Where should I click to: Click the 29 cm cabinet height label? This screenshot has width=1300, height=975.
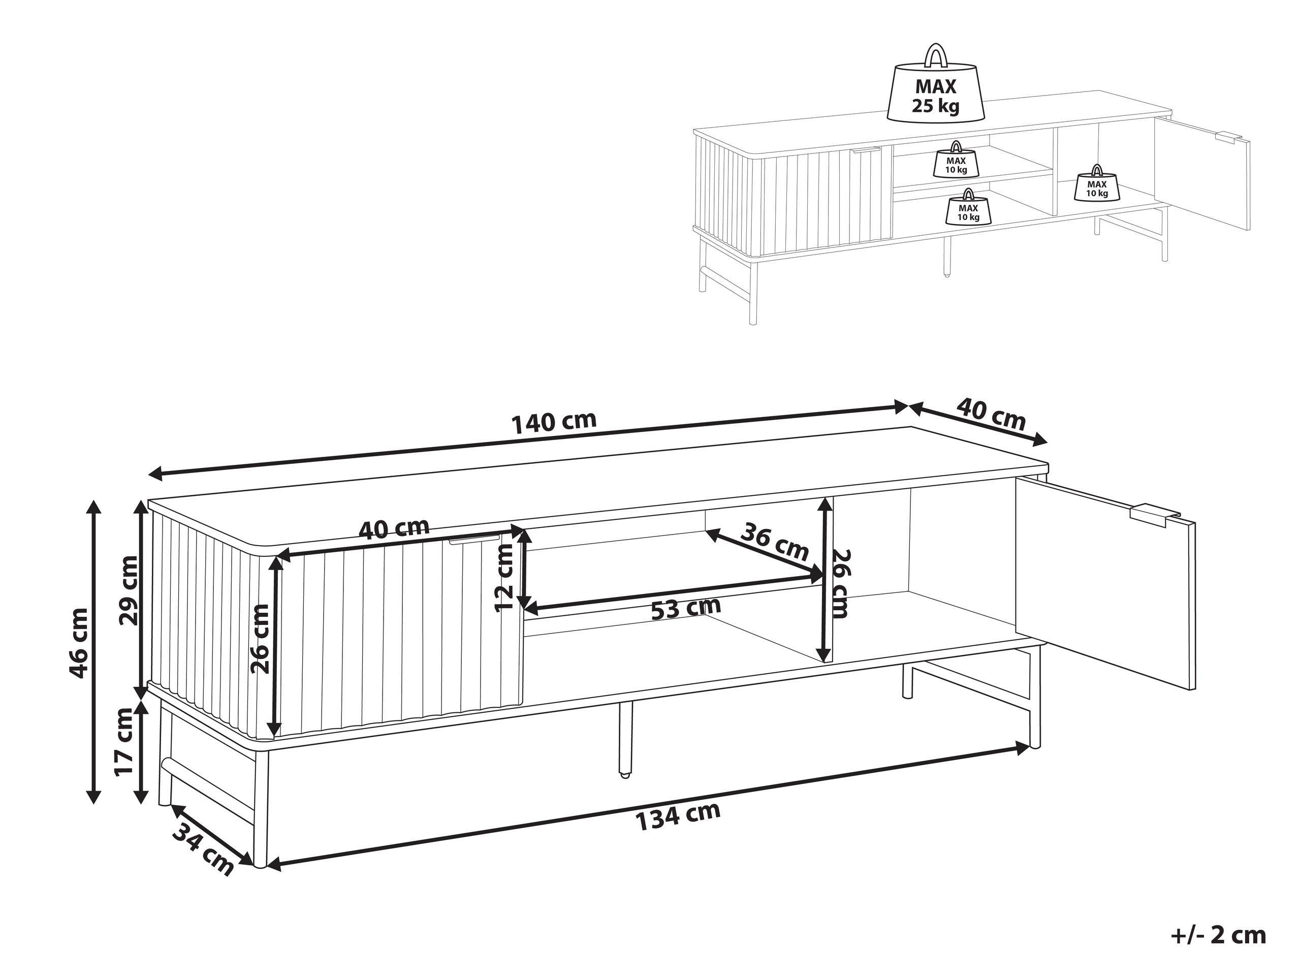(128, 590)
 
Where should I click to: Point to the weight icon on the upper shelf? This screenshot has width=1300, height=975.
(956, 159)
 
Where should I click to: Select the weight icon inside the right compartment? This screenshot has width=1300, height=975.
(1097, 183)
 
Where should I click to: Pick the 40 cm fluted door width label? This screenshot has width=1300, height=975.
(394, 528)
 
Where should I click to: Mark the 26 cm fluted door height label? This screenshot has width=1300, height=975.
(260, 638)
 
